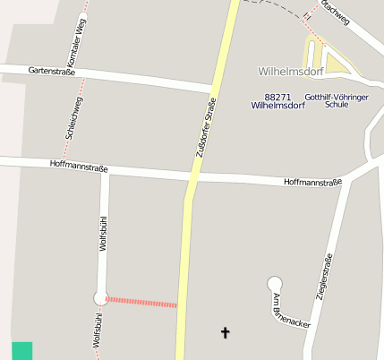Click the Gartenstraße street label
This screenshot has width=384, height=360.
point(52,71)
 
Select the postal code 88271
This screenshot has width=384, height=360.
point(278,96)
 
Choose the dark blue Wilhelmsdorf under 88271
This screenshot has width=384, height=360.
point(278,105)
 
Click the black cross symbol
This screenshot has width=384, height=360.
point(225,333)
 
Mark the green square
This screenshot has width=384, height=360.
point(21,351)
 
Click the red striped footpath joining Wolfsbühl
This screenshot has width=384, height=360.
point(141,302)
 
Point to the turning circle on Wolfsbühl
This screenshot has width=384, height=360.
point(101,298)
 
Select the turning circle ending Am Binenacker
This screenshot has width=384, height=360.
point(274,285)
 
